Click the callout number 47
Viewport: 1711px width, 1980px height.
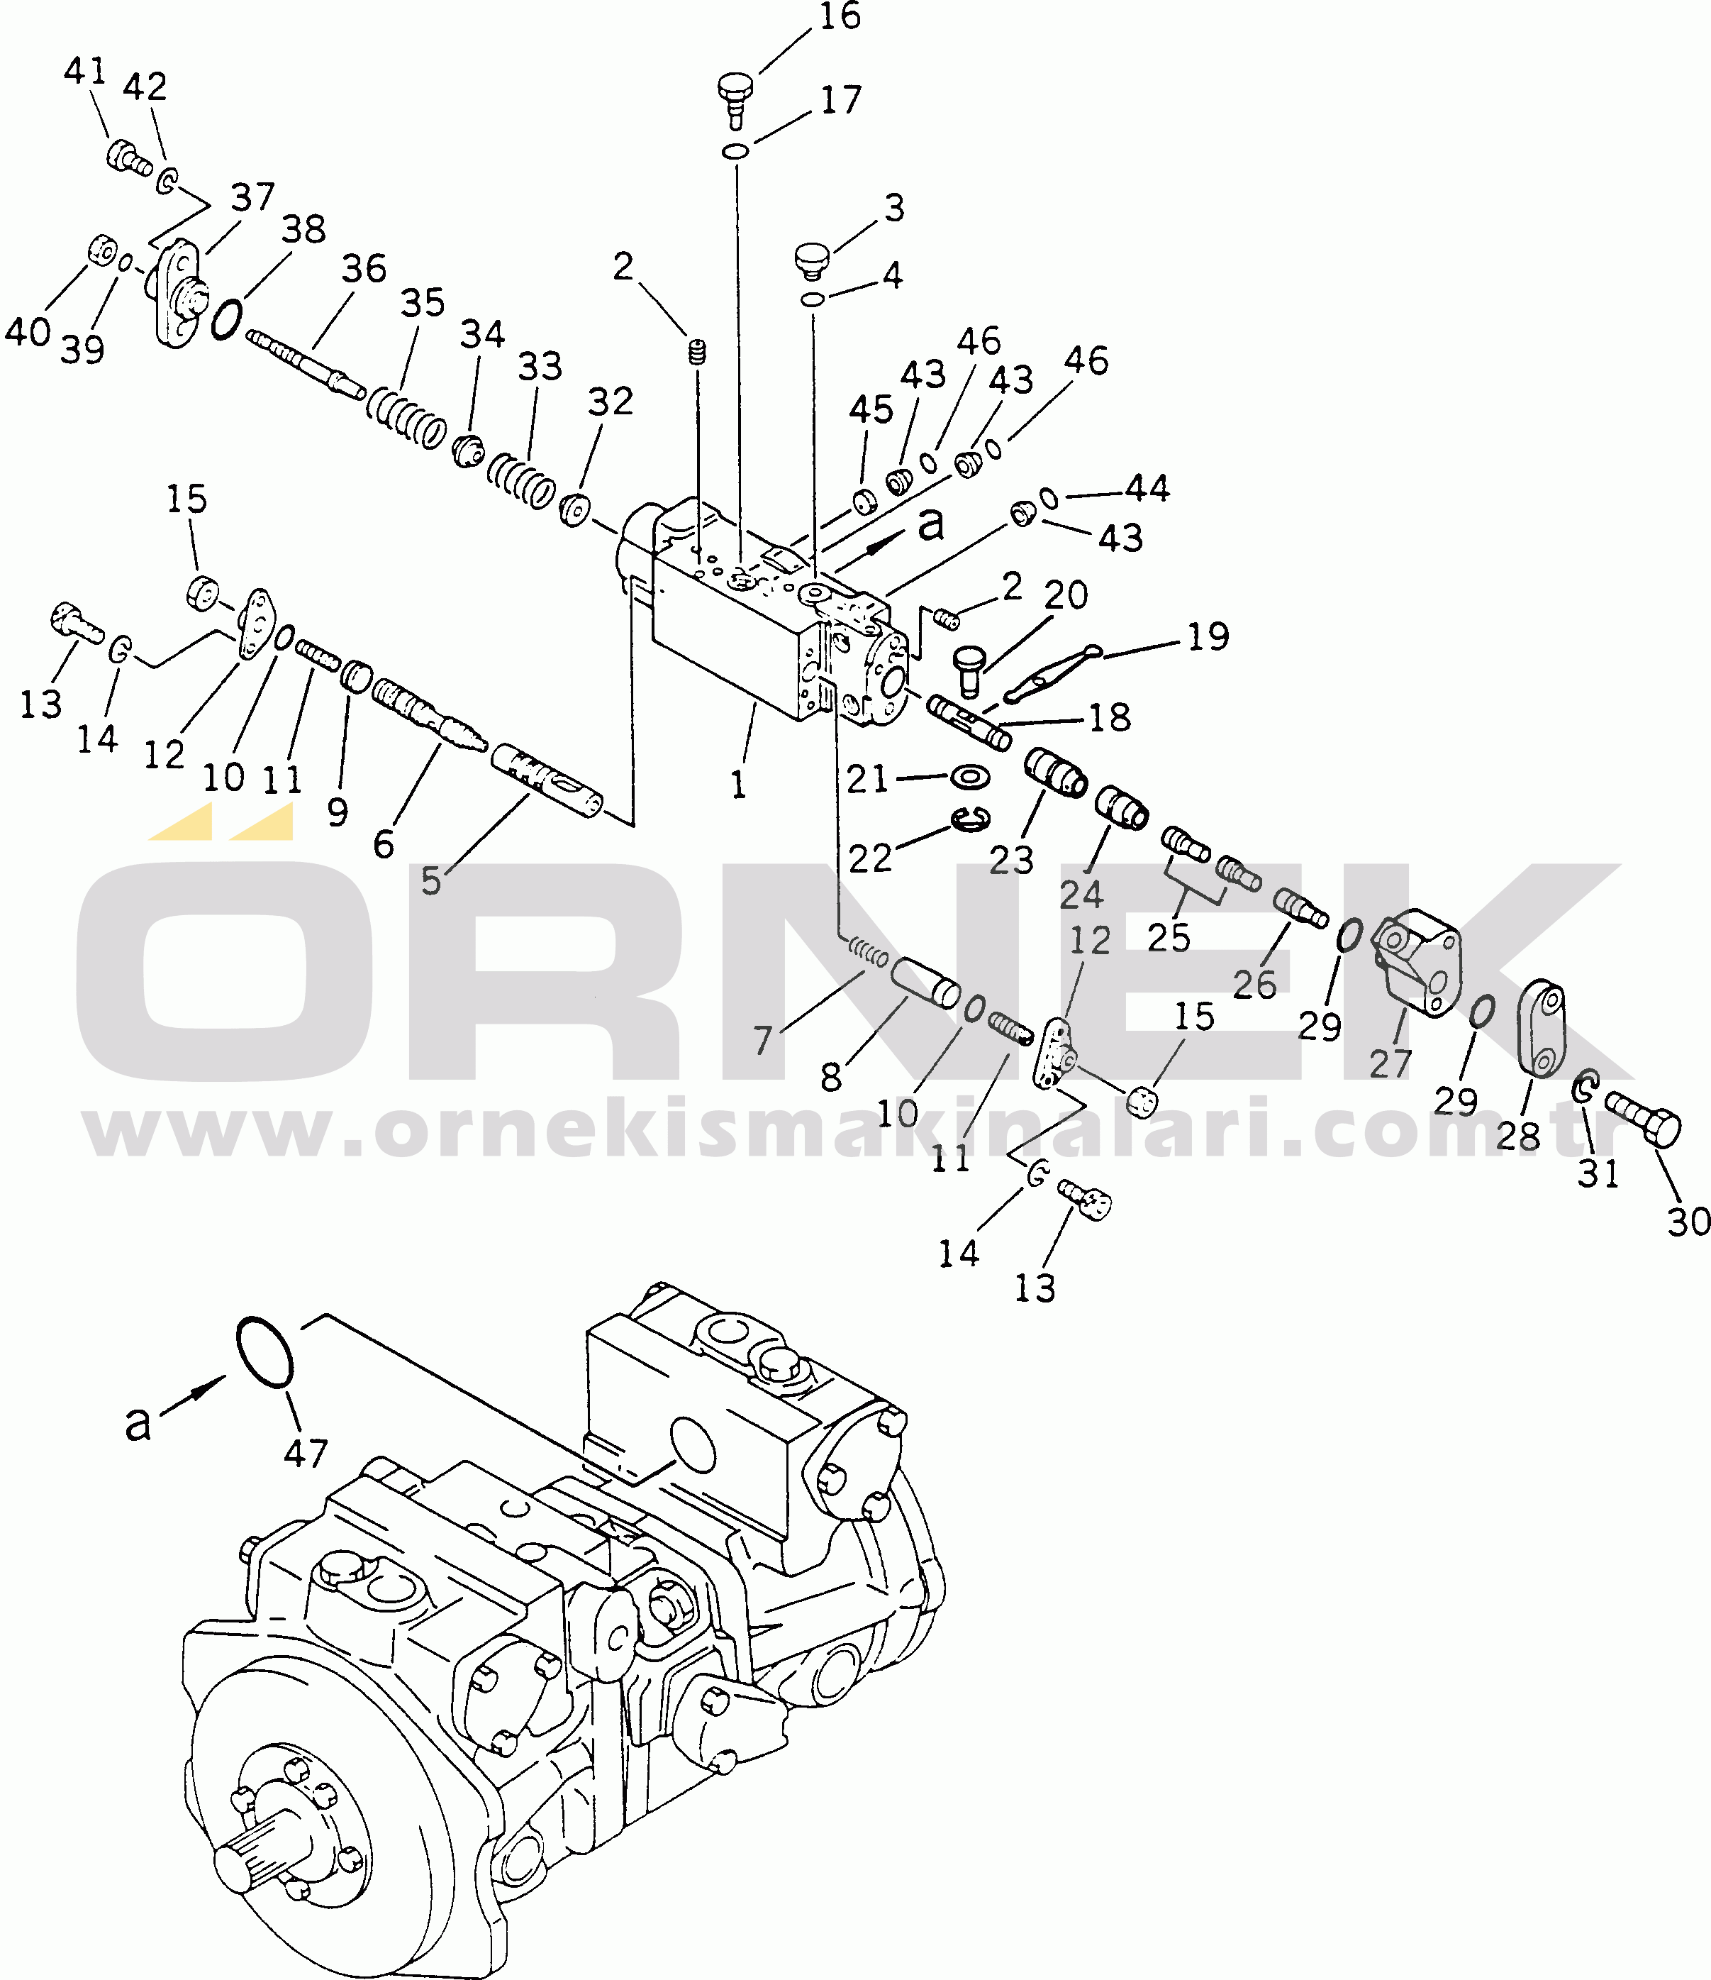coord(306,1454)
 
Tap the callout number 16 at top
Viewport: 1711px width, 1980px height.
coord(840,17)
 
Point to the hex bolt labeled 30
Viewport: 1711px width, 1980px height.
coord(1642,1124)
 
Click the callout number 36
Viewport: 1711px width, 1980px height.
coord(364,269)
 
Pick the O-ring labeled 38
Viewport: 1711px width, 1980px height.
coord(226,319)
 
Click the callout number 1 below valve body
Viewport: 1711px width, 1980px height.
coord(738,785)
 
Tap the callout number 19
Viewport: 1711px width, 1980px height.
coord(1208,636)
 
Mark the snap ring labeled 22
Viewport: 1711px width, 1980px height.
coord(971,818)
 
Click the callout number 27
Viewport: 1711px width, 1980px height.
coord(1390,1063)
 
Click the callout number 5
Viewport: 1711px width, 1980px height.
coord(432,881)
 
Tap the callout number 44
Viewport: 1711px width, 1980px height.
coord(1147,488)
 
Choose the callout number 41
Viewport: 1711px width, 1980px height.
coord(85,71)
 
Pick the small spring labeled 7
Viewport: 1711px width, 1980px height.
coord(869,952)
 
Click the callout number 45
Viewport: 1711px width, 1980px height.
coord(871,410)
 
